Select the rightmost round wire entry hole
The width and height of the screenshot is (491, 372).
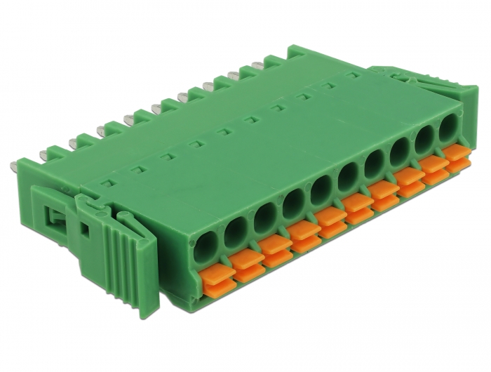(448, 131)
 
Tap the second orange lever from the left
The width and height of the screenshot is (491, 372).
(245, 261)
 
